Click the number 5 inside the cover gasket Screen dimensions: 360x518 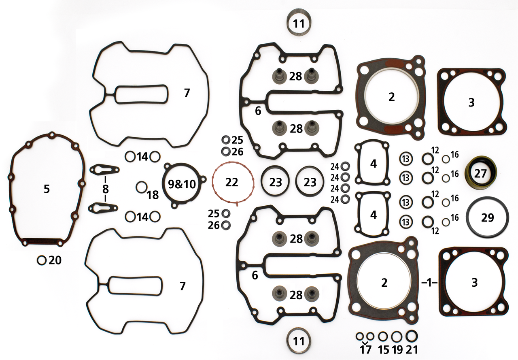pyautogui.click(x=47, y=189)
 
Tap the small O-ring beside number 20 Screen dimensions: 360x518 pyautogui.click(x=42, y=260)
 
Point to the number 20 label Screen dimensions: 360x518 pyautogui.click(x=55, y=260)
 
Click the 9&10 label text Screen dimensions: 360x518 pyautogui.click(x=181, y=184)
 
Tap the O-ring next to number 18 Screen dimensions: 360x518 pyautogui.click(x=141, y=187)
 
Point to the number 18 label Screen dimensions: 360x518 pyautogui.click(x=153, y=195)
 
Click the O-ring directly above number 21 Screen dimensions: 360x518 pyautogui.click(x=412, y=336)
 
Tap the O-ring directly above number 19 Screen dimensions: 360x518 pyautogui.click(x=397, y=336)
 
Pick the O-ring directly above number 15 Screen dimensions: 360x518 pyautogui.click(x=383, y=336)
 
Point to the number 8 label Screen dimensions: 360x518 pyautogui.click(x=105, y=189)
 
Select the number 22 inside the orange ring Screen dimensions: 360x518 pyautogui.click(x=232, y=182)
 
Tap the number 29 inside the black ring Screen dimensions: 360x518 pyautogui.click(x=488, y=218)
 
